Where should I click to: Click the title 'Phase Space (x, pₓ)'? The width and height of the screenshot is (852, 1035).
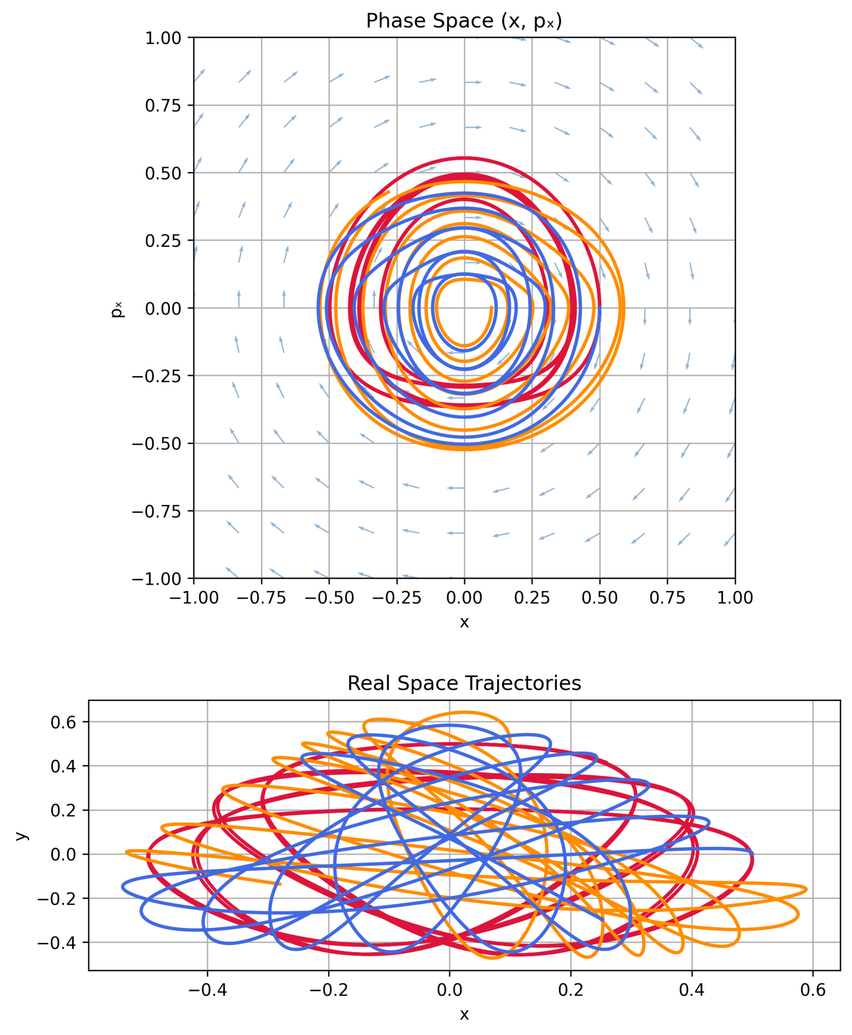464,21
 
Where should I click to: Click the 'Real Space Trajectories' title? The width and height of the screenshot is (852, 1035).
464,683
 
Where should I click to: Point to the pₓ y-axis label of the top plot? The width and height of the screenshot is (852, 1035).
118,308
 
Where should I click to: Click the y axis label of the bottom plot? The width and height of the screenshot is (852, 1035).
21,835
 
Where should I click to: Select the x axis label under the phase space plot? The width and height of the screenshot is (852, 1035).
464,622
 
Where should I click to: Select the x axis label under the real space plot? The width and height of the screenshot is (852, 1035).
464,1014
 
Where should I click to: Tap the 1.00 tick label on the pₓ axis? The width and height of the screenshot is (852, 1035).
163,38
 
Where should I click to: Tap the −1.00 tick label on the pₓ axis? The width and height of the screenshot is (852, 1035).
157,579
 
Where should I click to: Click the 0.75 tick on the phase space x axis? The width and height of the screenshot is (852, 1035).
667,598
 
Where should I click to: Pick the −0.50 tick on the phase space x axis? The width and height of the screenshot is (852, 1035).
329,598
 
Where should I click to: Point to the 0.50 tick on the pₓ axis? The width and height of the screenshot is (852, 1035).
163,173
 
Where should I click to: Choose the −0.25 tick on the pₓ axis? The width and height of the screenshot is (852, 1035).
157,376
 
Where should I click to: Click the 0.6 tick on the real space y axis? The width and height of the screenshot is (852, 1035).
63,722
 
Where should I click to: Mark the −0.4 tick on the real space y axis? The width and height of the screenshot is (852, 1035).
58,943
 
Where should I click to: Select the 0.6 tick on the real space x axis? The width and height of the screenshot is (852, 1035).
813,990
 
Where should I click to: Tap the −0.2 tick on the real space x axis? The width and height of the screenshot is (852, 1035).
328,990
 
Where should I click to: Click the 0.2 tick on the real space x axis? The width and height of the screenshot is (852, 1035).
570,990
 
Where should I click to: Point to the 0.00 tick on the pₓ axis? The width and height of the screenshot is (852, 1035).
163,309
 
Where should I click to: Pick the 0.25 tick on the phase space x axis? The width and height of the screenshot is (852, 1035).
532,598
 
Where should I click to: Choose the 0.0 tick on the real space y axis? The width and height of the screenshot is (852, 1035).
63,854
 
